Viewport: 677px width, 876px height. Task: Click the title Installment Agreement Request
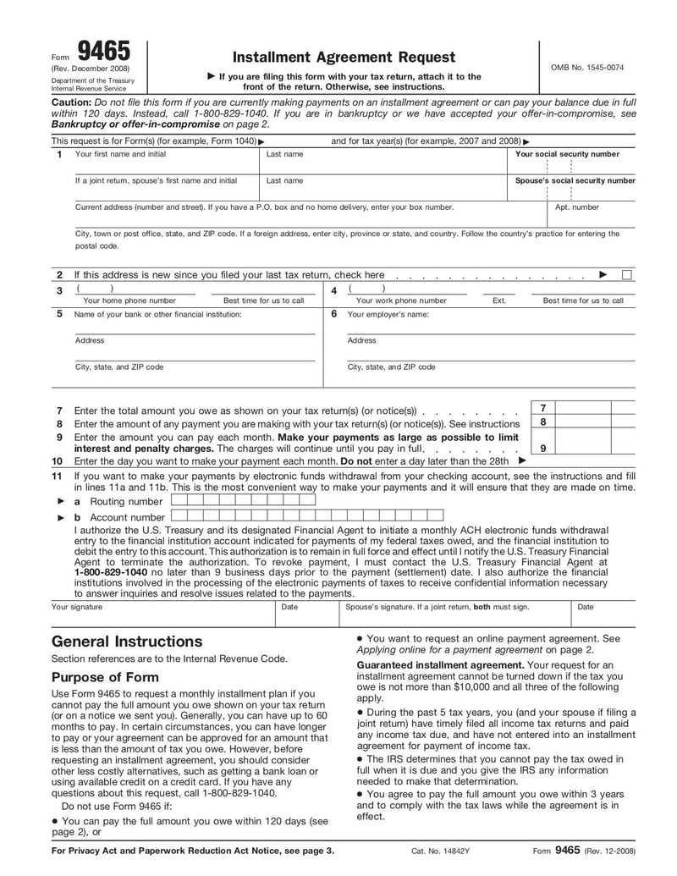(344, 57)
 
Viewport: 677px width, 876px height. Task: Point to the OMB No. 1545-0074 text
(593, 67)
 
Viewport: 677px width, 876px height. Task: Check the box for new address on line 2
(626, 274)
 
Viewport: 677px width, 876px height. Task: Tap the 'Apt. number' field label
(576, 207)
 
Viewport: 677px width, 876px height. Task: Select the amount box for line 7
(595, 407)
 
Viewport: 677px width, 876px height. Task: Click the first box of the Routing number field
(177, 500)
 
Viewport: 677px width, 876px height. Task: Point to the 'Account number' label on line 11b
(127, 517)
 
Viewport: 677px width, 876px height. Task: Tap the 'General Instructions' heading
(127, 641)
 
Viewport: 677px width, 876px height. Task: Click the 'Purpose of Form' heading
(105, 677)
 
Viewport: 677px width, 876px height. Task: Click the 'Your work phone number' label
(401, 300)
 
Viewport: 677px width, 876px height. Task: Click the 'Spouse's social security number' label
(575, 180)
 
